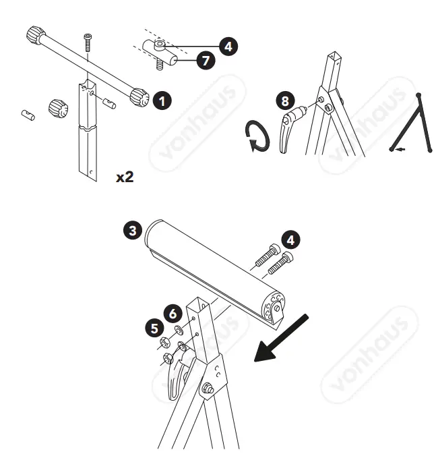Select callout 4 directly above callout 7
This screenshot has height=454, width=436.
point(228,47)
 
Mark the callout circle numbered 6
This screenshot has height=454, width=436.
point(172,313)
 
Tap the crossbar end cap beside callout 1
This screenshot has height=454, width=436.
point(140,97)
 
